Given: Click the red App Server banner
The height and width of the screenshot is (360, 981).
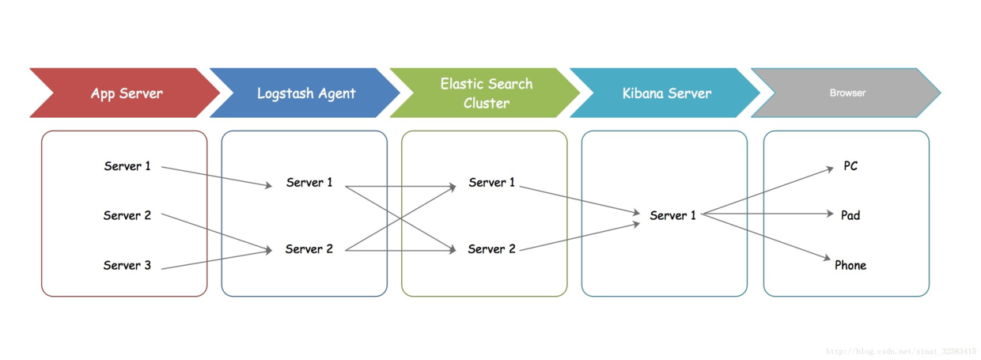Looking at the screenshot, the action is click(127, 93).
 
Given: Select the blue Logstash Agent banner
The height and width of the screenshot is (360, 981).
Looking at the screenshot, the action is click(307, 93).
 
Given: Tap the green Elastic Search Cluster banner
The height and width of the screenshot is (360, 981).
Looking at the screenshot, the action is click(486, 93).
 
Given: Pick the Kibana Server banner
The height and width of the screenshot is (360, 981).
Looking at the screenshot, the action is click(667, 93).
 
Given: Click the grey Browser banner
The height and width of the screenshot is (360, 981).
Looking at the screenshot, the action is click(847, 93).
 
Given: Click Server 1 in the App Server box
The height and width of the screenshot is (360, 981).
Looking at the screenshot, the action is click(127, 166).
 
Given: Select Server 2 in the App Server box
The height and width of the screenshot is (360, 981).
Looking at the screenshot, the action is click(127, 215).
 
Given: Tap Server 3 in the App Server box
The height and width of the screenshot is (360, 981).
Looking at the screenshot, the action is click(127, 265).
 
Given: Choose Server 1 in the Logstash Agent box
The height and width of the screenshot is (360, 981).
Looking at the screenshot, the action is click(309, 182).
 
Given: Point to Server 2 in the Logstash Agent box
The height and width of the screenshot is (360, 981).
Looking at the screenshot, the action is click(309, 248).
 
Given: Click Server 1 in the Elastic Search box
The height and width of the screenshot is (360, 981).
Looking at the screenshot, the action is click(492, 182).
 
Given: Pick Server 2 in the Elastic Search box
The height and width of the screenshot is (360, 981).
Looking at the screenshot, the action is click(492, 248).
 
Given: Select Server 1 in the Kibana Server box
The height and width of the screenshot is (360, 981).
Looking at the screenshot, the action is click(672, 215).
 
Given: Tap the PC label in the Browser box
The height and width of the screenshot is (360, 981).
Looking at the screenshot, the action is click(850, 166).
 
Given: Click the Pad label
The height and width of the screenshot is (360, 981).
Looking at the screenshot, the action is click(850, 215).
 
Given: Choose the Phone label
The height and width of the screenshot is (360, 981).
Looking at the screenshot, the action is click(850, 265).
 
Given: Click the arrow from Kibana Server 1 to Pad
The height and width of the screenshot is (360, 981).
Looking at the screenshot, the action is click(767, 214).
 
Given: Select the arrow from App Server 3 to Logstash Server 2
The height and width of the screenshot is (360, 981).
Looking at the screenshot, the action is click(217, 260).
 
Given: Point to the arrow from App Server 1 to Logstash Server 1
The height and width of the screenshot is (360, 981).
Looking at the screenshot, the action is click(217, 176).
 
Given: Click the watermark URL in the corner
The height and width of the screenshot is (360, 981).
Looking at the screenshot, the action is click(901, 351).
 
